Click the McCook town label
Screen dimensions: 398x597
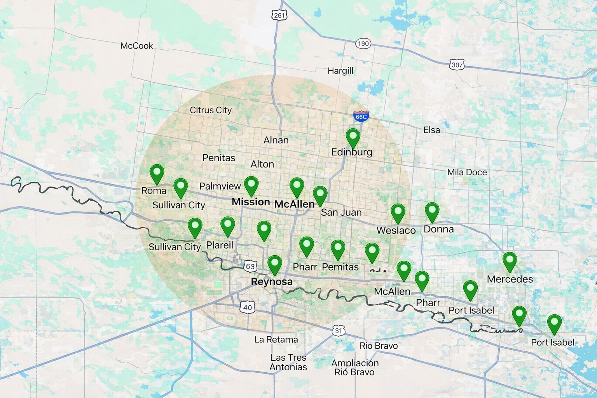point(137,46)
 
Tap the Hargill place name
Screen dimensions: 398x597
point(340,71)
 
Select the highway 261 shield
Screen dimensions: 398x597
point(279,15)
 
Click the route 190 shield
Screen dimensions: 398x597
point(363,44)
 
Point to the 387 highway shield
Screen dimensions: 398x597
point(457,65)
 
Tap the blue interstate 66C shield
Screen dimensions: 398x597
point(361,116)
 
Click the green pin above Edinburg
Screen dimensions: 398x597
point(353,137)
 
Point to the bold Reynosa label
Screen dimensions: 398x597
point(272,282)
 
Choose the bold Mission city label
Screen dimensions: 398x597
point(251,202)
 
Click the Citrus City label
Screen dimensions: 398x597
point(211,110)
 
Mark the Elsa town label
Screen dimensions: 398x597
point(431,130)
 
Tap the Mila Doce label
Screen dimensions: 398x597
point(467,172)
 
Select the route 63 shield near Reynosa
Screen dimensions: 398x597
point(250,267)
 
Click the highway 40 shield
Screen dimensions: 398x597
point(248,307)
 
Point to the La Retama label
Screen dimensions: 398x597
point(276,339)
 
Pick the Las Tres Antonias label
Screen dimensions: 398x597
point(288,362)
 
